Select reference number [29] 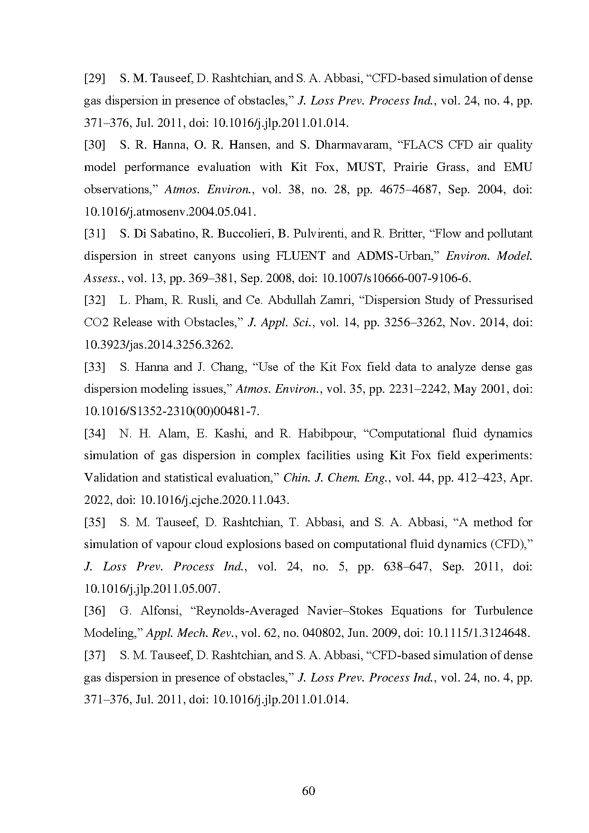pyautogui.click(x=94, y=78)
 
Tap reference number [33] pyautogui.click(x=94, y=367)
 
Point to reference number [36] pyautogui.click(x=94, y=611)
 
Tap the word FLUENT pyautogui.click(x=300, y=256)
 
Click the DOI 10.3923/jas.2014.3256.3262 pyautogui.click(x=159, y=345)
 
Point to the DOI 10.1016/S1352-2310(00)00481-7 pyautogui.click(x=171, y=411)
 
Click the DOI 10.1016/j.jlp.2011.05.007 pyautogui.click(x=152, y=589)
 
